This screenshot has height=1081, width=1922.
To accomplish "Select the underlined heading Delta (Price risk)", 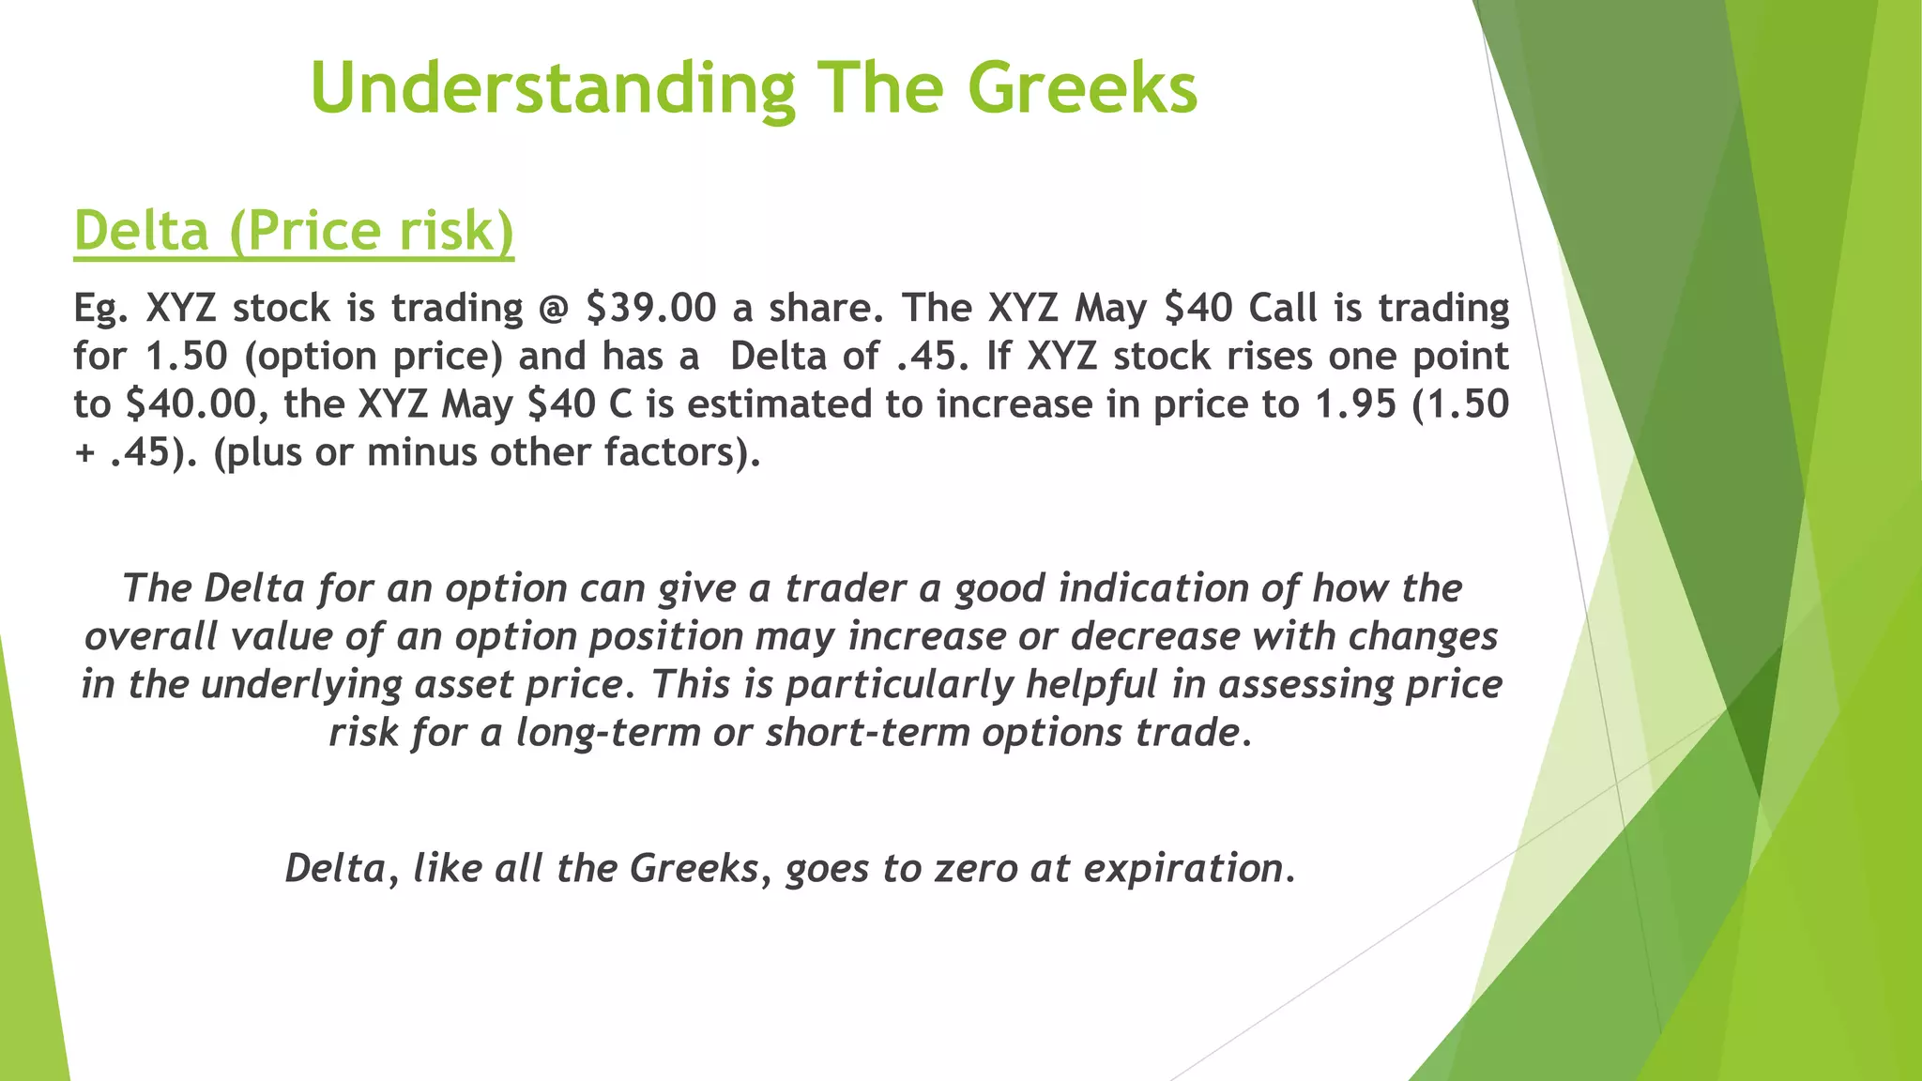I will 294,231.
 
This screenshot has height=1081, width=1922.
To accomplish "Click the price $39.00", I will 650,308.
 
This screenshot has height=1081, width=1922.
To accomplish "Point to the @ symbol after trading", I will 554,308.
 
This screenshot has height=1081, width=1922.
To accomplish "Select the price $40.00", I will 191,404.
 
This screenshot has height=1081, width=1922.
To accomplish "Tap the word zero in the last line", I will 976,868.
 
